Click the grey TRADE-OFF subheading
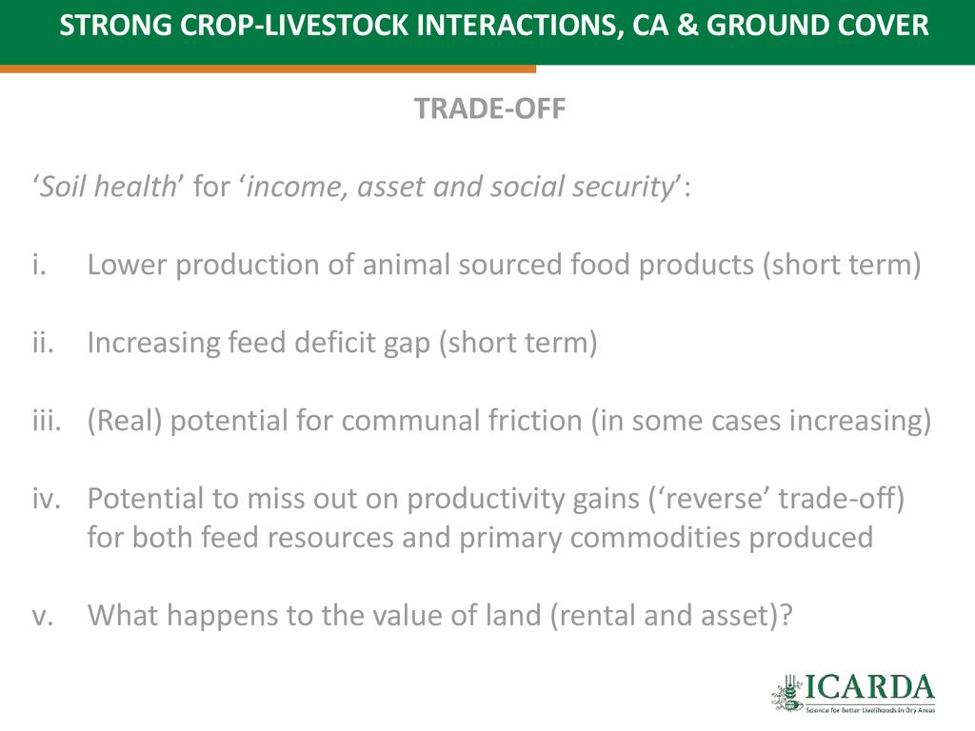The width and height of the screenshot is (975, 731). point(490,109)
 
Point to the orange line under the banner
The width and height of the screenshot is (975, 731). point(268,69)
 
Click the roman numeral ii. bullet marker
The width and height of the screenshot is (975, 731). point(44,343)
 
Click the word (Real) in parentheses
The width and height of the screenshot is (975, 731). point(125,421)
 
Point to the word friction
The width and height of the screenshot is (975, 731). point(535,420)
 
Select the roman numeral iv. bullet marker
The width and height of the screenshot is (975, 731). point(47,499)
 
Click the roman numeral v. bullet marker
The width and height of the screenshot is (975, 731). point(43,616)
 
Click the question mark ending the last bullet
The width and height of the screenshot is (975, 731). point(786,616)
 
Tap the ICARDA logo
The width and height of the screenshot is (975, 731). point(853,693)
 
